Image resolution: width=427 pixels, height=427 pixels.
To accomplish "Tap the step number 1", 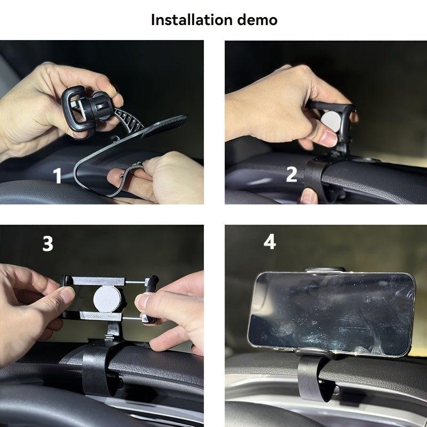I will click(x=57, y=176).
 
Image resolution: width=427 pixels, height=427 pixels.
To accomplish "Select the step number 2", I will click(x=291, y=174).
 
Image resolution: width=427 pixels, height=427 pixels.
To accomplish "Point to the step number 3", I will click(x=48, y=243).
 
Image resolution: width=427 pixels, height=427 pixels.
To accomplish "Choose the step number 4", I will click(x=270, y=242).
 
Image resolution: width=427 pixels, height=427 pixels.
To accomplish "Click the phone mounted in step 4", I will click(x=331, y=312).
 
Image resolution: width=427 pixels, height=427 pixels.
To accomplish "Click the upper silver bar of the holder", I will click(x=101, y=281).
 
